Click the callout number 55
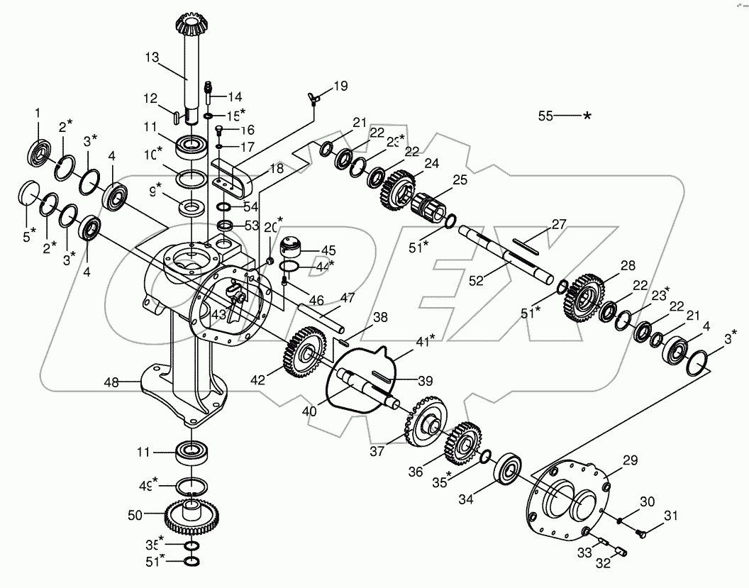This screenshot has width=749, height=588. coord(545,116)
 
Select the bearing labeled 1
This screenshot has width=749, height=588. coord(40,151)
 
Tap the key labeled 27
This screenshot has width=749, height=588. coord(525,245)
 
